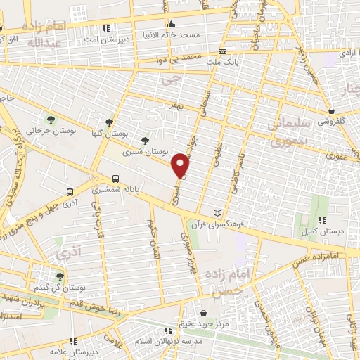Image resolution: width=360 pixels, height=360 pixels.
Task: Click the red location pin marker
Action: pyautogui.click(x=181, y=165)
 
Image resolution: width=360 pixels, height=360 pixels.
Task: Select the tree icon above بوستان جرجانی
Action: pyautogui.click(x=51, y=118)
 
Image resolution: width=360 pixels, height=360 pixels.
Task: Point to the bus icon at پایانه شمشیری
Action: pyautogui.click(x=115, y=179)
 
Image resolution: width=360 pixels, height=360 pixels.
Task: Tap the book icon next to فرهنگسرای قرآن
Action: pyautogui.click(x=217, y=213)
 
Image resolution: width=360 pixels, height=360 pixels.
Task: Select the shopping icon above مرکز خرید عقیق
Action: pyautogui.click(x=203, y=313)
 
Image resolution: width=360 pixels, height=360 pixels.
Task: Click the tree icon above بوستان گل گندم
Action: pyautogui.click(x=59, y=276)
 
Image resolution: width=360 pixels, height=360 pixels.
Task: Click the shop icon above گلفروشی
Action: pyautogui.click(x=331, y=110)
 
